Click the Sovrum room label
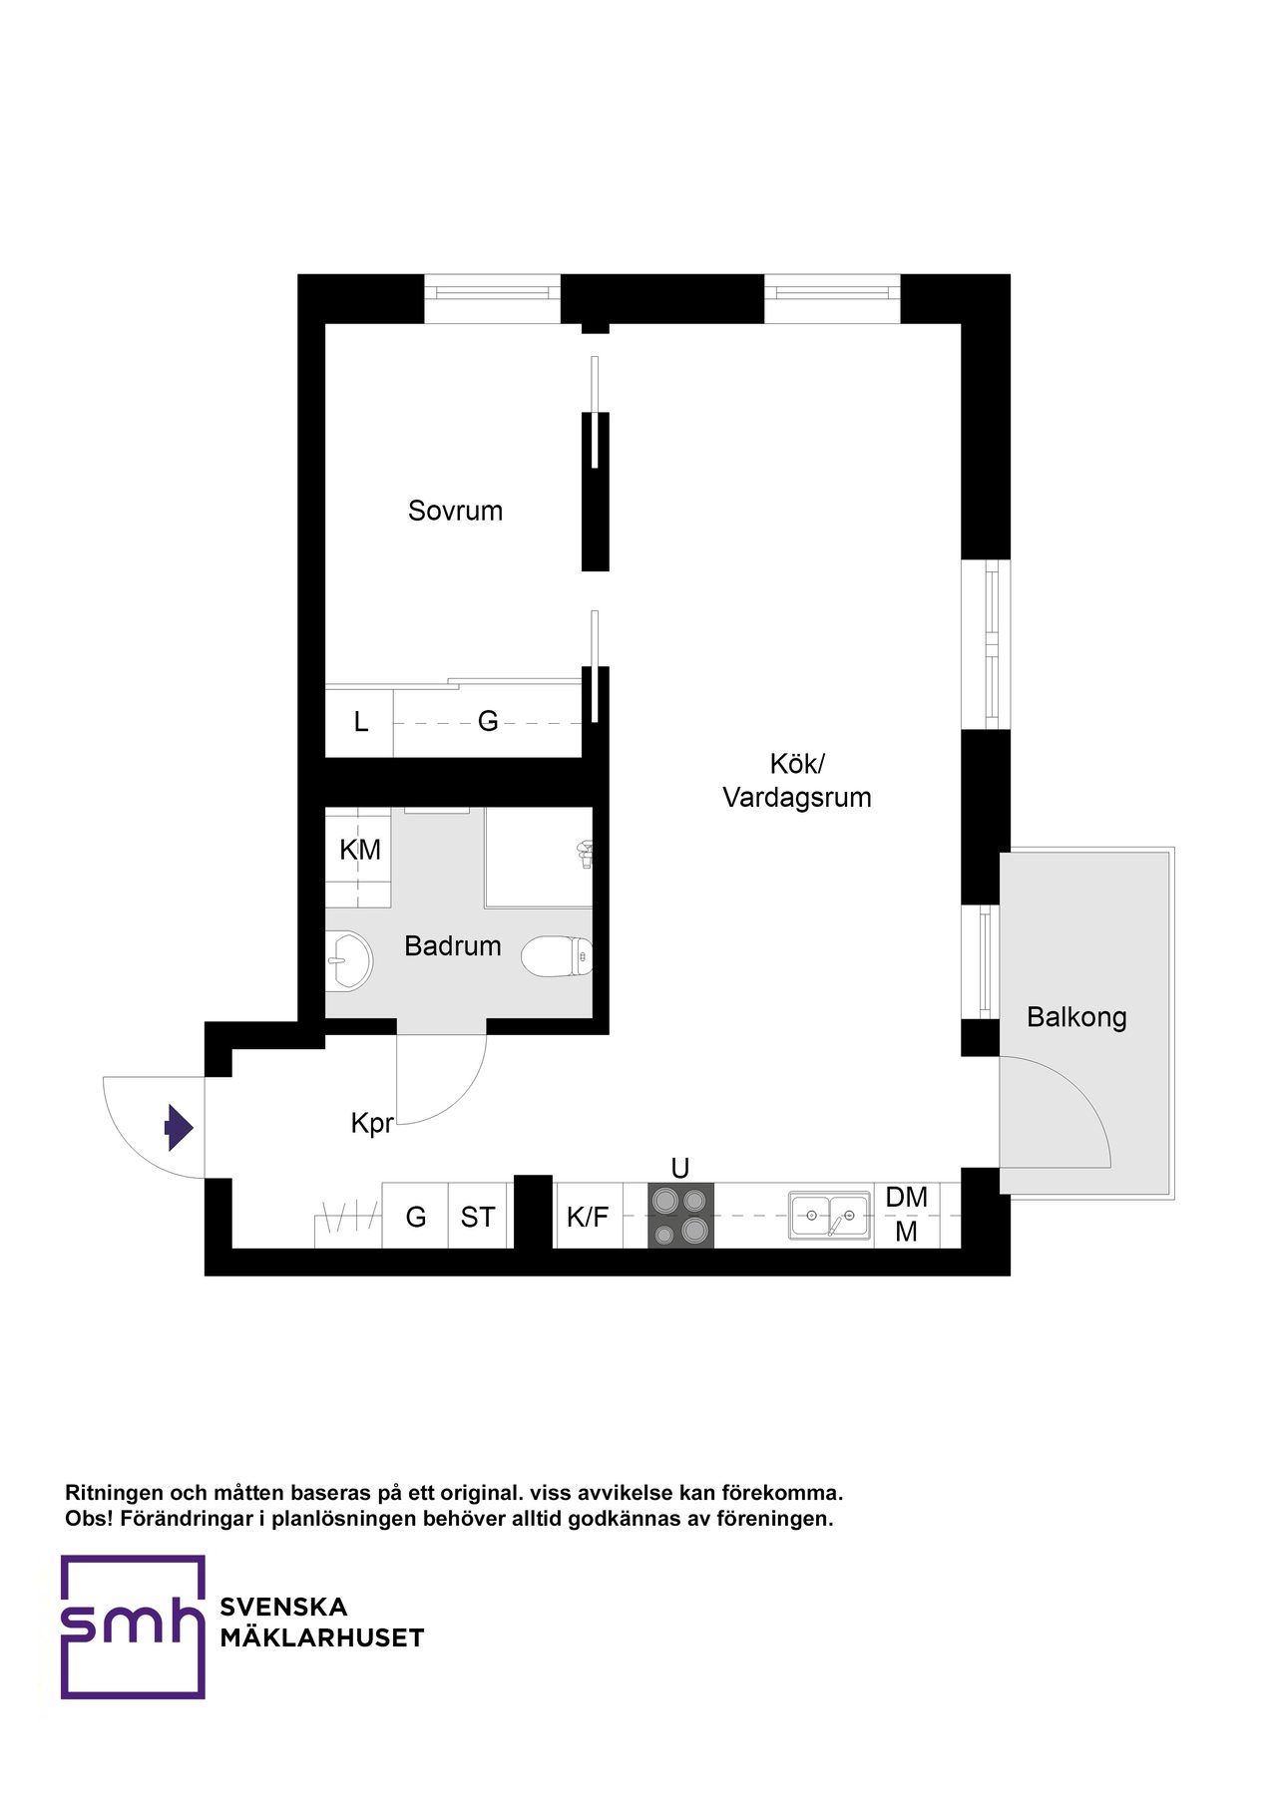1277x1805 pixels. (x=455, y=511)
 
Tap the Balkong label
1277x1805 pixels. (x=1076, y=1017)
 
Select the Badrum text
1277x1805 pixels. (x=452, y=945)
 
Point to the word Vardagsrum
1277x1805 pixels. (x=797, y=798)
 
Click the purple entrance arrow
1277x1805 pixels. (x=179, y=1128)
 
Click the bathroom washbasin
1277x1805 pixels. (x=347, y=960)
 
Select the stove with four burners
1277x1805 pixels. (x=680, y=1215)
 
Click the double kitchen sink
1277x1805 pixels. (x=829, y=1216)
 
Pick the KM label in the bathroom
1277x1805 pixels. (x=359, y=850)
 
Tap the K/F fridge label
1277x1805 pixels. (x=588, y=1217)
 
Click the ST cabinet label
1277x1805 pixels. (x=477, y=1217)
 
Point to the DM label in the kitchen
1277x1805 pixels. (x=906, y=1197)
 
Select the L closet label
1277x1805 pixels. (x=361, y=721)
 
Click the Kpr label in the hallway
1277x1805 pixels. (x=372, y=1124)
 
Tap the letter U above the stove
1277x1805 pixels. (x=680, y=1168)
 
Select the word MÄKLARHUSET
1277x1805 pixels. (x=322, y=1638)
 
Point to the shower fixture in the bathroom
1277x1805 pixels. (x=586, y=853)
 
